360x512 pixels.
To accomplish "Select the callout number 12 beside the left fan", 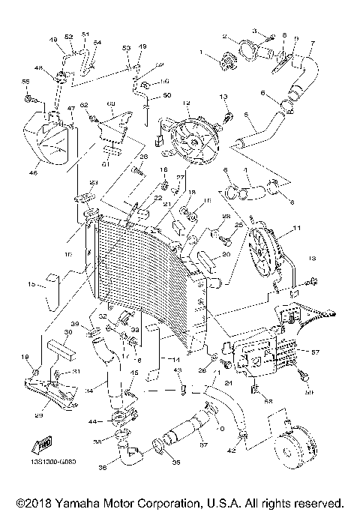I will pyautogui.click(x=186, y=103).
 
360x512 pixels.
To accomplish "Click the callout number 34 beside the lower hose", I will pyautogui.click(x=88, y=391).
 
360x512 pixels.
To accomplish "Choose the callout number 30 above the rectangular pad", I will pyautogui.click(x=67, y=332).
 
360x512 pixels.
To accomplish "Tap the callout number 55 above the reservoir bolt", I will pyautogui.click(x=25, y=81).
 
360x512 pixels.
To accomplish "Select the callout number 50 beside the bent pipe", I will pyautogui.click(x=166, y=95).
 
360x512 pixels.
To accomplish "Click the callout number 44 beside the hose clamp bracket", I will pyautogui.click(x=94, y=423).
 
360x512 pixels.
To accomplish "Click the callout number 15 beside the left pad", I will pyautogui.click(x=31, y=284).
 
